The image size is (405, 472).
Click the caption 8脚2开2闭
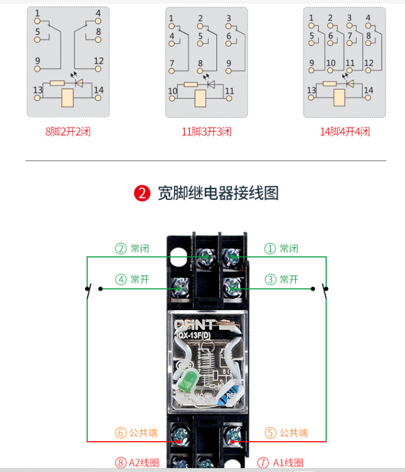click(x=68, y=132)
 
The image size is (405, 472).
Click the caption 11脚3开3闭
click(x=206, y=132)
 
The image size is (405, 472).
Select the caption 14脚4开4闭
click(x=345, y=132)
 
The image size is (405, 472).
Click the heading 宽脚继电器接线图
click(x=218, y=193)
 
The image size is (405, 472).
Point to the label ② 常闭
click(x=132, y=248)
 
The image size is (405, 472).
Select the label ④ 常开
click(x=132, y=279)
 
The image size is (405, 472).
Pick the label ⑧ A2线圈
click(x=137, y=462)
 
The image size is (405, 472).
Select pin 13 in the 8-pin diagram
click(x=37, y=97)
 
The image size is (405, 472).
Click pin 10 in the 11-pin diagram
click(x=172, y=98)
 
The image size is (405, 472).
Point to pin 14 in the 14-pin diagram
click(x=368, y=97)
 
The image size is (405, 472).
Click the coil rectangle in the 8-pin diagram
click(x=68, y=97)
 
